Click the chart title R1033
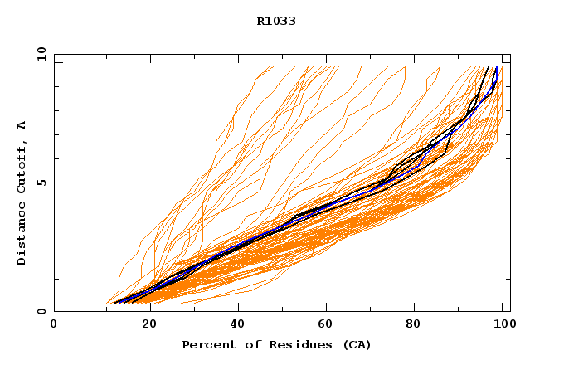276,22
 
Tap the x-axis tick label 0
54,325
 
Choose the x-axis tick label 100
504,325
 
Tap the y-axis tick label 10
41,54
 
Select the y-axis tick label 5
41,182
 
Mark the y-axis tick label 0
41,311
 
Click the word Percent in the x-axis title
207,344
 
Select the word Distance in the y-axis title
22,236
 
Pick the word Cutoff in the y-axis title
22,166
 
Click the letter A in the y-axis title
22,125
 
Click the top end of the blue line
496,67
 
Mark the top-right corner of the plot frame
510,54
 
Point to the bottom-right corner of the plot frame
510,311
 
